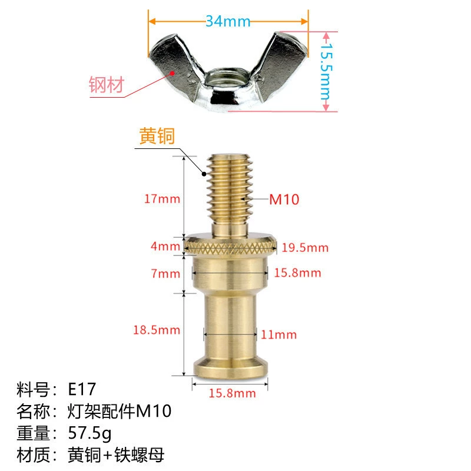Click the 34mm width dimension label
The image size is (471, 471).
click(228, 21)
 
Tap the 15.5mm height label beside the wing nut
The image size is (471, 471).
click(326, 71)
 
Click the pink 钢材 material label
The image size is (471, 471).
click(107, 84)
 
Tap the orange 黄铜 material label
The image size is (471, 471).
click(157, 136)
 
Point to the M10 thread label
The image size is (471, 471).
click(284, 199)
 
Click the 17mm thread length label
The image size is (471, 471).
click(162, 199)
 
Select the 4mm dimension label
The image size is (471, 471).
click(165, 246)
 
